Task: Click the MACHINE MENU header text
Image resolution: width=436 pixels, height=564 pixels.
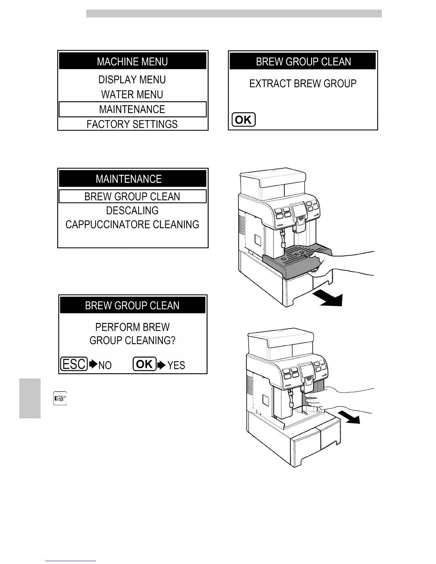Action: pyautogui.click(x=132, y=62)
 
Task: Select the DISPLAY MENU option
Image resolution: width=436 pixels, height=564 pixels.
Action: pyautogui.click(x=132, y=79)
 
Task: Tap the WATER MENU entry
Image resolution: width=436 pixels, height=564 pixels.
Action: pyautogui.click(x=132, y=94)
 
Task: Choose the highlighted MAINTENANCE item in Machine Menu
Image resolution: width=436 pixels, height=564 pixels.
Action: pyautogui.click(x=132, y=109)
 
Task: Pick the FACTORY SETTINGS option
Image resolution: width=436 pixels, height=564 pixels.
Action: pyautogui.click(x=132, y=124)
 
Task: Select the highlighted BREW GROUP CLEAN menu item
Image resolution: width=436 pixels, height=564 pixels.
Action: pyautogui.click(x=132, y=197)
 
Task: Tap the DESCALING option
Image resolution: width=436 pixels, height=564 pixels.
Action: pyautogui.click(x=132, y=210)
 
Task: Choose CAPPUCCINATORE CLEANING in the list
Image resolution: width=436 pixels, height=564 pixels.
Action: pyautogui.click(x=132, y=225)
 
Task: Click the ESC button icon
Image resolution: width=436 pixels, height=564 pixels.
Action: pyautogui.click(x=74, y=364)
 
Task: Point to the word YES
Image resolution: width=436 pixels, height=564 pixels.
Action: pyautogui.click(x=176, y=365)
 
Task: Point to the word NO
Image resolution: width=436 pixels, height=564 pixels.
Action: pyautogui.click(x=105, y=365)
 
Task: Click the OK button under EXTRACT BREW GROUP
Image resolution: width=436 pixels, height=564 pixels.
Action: pyautogui.click(x=244, y=120)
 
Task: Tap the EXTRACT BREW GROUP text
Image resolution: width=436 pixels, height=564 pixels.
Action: pyautogui.click(x=303, y=84)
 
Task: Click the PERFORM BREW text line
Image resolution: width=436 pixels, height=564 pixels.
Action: pyautogui.click(x=132, y=327)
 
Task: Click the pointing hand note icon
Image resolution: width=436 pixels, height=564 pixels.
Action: pyautogui.click(x=60, y=398)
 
